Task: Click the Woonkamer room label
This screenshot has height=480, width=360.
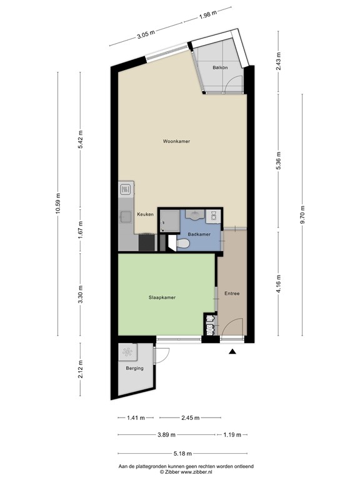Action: click(176, 142)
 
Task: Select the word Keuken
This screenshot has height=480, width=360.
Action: click(146, 214)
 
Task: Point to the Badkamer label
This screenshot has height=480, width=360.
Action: click(199, 234)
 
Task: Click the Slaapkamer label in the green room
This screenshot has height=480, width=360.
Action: click(162, 297)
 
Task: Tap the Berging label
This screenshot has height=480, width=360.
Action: click(134, 368)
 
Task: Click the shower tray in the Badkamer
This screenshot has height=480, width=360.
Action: click(169, 220)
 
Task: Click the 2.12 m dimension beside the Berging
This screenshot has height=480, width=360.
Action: click(80, 369)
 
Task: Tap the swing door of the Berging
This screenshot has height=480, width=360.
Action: click(162, 354)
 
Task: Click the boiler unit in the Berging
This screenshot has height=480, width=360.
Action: click(129, 352)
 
